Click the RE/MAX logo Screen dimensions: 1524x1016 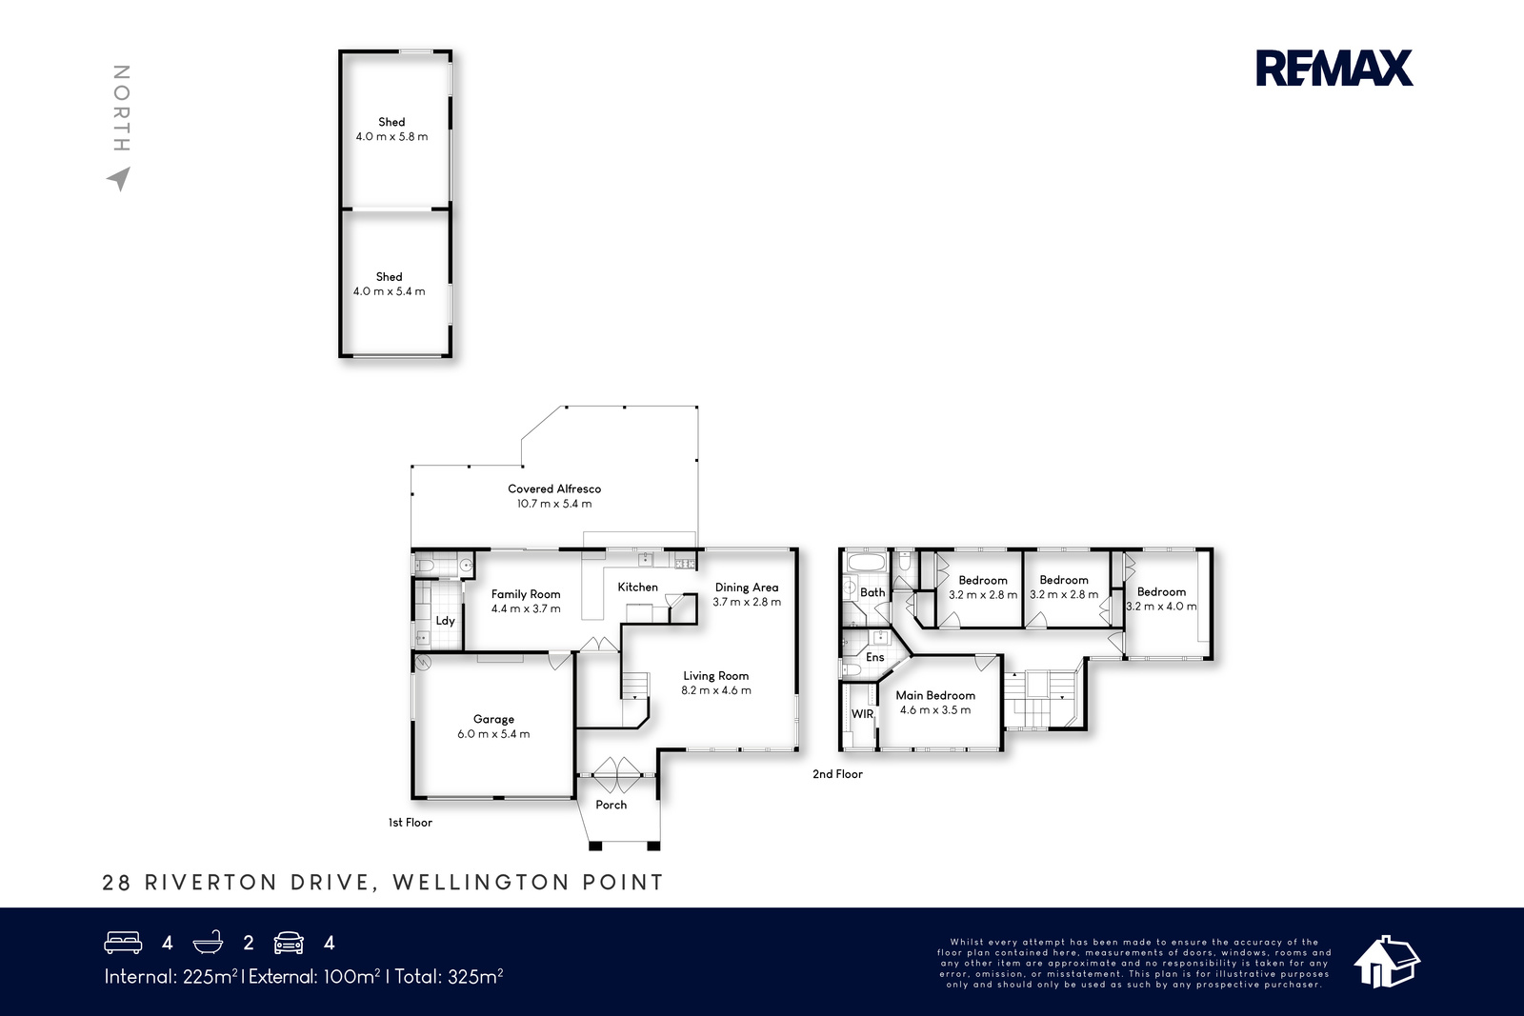point(1334,68)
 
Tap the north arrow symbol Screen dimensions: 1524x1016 point(120,178)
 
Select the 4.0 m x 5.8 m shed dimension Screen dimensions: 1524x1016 point(391,137)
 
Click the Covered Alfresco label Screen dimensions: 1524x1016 point(554,489)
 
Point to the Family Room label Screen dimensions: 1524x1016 point(526,594)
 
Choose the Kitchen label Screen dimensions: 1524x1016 point(637,587)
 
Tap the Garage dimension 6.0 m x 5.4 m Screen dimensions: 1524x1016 point(493,734)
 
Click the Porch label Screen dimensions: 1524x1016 point(611,805)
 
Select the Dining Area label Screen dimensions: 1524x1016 point(747,588)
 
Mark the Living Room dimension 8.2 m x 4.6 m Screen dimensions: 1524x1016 point(716,690)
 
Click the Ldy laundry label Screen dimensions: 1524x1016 point(445,621)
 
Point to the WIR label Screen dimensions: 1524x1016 point(862,714)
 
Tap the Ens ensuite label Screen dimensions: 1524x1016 point(875,657)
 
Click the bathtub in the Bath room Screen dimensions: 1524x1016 point(866,563)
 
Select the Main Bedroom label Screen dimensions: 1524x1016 point(935,695)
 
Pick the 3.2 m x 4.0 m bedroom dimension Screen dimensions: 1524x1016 point(1161,607)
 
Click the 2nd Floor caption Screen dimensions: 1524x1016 point(837,774)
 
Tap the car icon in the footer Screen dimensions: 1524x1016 point(289,943)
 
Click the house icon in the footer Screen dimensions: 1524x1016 point(1387,962)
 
